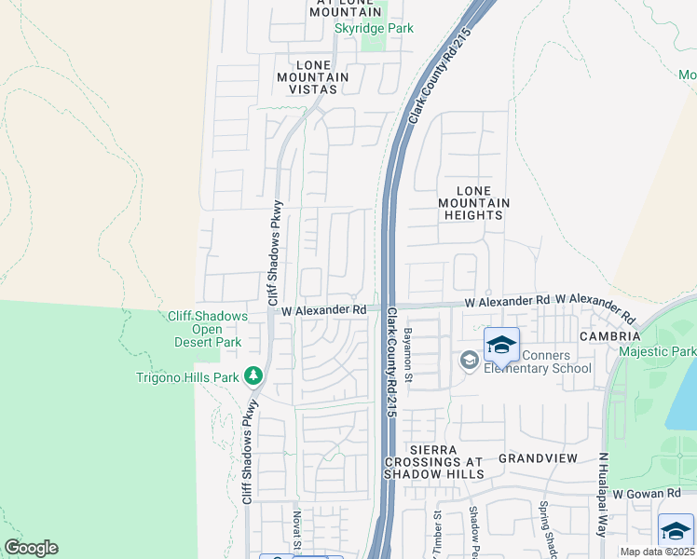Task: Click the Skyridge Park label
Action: pyautogui.click(x=374, y=29)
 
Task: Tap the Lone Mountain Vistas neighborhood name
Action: pyautogui.click(x=311, y=77)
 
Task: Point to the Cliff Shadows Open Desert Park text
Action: pyautogui.click(x=208, y=329)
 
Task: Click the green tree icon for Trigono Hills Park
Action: pyautogui.click(x=252, y=375)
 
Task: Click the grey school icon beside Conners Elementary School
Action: pyautogui.click(x=469, y=360)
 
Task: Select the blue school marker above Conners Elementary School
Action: pyautogui.click(x=501, y=345)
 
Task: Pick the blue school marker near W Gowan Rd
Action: pyautogui.click(x=676, y=530)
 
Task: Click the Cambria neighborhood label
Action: pyautogui.click(x=609, y=335)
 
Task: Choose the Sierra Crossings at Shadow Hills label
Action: pyautogui.click(x=434, y=461)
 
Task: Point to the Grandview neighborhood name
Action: pyautogui.click(x=538, y=458)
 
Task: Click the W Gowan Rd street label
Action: pyautogui.click(x=648, y=492)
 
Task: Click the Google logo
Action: pyautogui.click(x=31, y=548)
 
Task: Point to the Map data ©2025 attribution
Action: pyautogui.click(x=657, y=552)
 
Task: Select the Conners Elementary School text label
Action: pyautogui.click(x=543, y=361)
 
